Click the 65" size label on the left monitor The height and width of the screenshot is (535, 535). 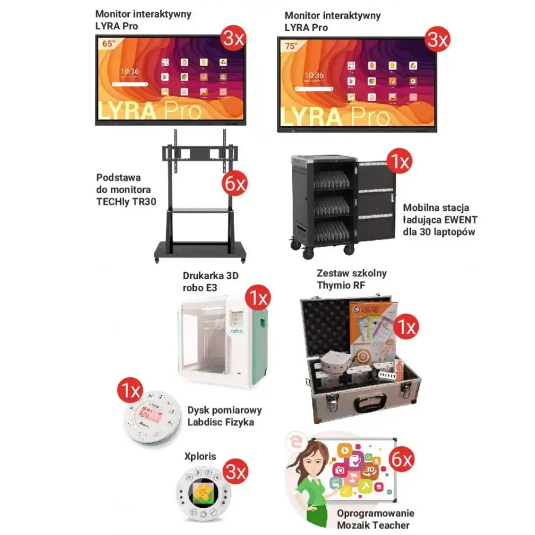(108, 44)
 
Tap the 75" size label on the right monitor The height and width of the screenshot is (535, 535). (291, 46)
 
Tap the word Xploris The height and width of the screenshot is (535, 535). (199, 456)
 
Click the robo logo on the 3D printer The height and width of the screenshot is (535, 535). (235, 332)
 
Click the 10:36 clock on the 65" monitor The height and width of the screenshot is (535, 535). (129, 71)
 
